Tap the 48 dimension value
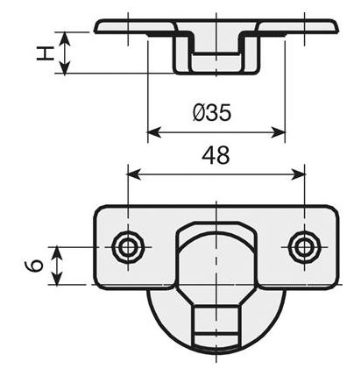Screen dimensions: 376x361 [216, 155]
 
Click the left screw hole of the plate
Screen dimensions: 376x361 [128, 247]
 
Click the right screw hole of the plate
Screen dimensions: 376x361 [304, 247]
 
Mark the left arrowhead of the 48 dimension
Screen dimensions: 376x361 [133, 174]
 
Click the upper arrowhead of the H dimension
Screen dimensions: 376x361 [63, 36]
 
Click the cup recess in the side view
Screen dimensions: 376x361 [216, 54]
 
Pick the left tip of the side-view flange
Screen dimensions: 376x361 [96, 26]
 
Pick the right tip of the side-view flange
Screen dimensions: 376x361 [337, 26]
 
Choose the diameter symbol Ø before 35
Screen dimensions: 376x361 [198, 113]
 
